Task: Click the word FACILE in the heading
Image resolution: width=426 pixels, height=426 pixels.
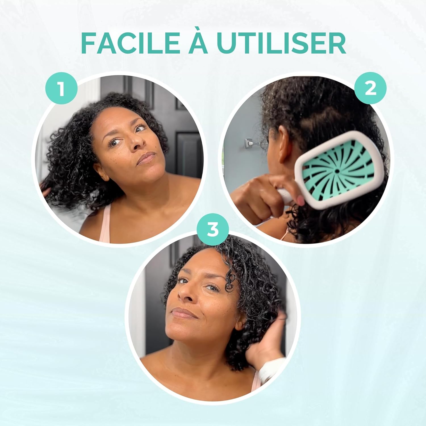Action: (130, 43)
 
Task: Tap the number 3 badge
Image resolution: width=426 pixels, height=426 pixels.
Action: (212, 229)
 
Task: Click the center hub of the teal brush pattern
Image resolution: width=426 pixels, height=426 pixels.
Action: (337, 171)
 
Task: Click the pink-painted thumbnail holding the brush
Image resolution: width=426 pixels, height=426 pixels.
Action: (300, 201)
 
